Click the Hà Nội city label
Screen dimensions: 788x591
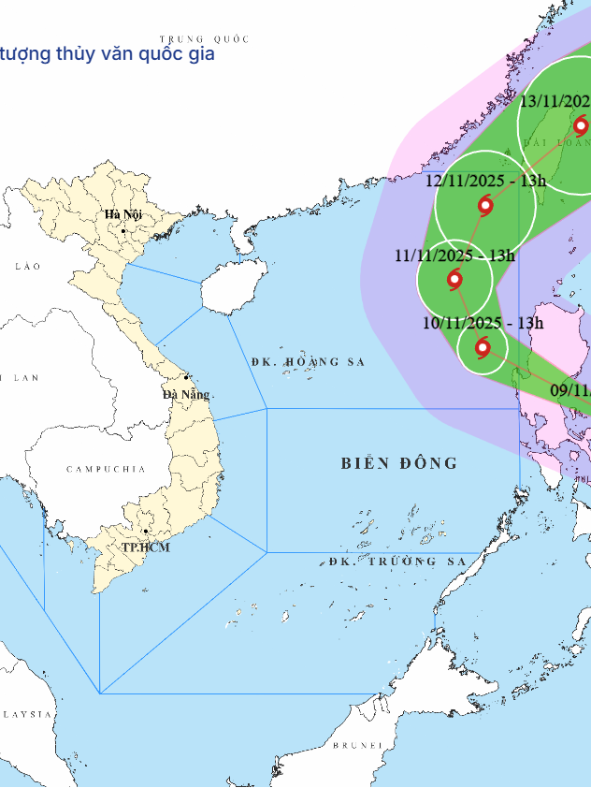123,214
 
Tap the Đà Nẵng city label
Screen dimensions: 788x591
186,394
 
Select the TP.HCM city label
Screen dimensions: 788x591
146,547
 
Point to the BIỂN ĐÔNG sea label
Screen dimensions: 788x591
399,463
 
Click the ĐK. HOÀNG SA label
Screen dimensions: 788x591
308,361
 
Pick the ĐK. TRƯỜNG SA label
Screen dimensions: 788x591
396,562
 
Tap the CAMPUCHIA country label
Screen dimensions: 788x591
106,468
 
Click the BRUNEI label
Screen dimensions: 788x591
358,745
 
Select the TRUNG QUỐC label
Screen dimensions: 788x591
204,39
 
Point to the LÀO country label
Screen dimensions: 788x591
28,267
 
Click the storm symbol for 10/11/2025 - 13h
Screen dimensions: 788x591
483,348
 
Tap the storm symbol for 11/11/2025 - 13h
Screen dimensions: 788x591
454,278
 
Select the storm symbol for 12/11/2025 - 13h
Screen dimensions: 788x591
485,205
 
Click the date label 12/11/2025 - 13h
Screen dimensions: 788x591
485,181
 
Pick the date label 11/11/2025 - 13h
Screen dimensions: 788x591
454,255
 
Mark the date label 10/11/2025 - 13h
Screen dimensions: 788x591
483,323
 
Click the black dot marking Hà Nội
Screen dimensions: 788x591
123,230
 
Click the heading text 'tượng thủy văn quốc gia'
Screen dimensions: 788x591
108,53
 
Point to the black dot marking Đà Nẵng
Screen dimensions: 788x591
186,377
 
